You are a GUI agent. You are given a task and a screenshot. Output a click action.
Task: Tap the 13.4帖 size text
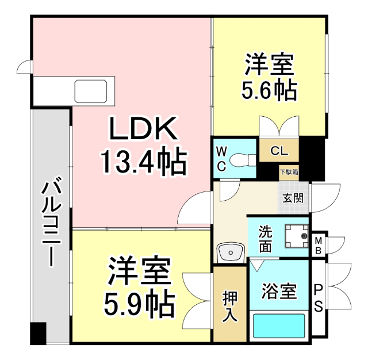pos(143,162)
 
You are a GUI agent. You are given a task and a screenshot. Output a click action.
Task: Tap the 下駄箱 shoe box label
pos(289,171)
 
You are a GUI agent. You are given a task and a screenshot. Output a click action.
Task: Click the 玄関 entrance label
pos(292,198)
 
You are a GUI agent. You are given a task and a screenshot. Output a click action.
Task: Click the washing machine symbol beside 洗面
pos(296,236)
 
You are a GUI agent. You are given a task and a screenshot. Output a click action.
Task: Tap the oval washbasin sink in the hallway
pos(231,251)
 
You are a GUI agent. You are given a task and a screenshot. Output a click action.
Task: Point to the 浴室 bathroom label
pos(279,292)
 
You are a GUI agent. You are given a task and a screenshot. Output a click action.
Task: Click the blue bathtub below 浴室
pos(279,326)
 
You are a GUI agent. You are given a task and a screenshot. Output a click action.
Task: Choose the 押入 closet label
pos(230,305)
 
